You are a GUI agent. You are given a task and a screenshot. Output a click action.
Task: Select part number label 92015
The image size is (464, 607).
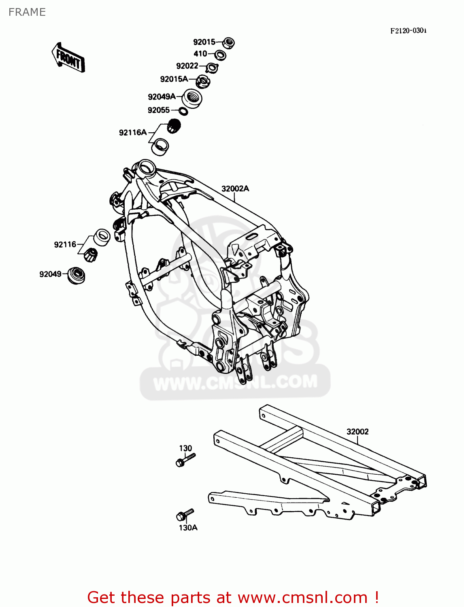pyautogui.click(x=204, y=42)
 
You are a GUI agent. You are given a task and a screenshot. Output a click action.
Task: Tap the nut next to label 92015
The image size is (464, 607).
pyautogui.click(x=229, y=42)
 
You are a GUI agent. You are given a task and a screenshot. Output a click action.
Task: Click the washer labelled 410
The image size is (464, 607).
pyautogui.click(x=220, y=55)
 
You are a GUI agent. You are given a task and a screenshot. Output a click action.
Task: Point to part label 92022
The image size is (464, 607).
pyautogui.click(x=187, y=66)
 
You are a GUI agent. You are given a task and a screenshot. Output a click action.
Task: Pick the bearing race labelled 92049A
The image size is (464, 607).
pyautogui.click(x=192, y=98)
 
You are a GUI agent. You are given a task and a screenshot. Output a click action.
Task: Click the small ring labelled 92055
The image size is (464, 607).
pyautogui.click(x=183, y=111)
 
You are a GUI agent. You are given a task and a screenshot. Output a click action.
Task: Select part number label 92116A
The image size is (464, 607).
pyautogui.click(x=132, y=132)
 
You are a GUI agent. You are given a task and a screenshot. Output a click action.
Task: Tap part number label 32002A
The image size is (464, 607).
pyautogui.click(x=235, y=189)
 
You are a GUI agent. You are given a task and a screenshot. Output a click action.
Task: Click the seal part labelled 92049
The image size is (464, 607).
pyautogui.click(x=76, y=275)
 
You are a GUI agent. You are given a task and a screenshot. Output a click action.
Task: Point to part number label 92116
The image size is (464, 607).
pyautogui.click(x=65, y=244)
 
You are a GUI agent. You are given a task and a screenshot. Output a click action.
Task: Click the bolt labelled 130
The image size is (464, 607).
pyautogui.click(x=185, y=460)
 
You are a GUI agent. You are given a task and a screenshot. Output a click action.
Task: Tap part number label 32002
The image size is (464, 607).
pyautogui.click(x=358, y=431)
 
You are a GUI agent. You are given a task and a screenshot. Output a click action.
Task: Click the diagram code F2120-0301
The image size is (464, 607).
pyautogui.click(x=408, y=31)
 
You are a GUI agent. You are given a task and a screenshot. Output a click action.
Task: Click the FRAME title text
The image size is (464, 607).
pyautogui.click(x=27, y=12)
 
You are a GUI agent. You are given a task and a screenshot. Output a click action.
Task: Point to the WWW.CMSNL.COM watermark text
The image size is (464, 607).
pyautogui.click(x=235, y=382)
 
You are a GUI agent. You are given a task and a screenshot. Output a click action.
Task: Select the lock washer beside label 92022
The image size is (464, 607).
pyautogui.click(x=212, y=67)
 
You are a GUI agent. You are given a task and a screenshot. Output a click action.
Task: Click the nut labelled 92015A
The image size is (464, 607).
pyautogui.click(x=203, y=81)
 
